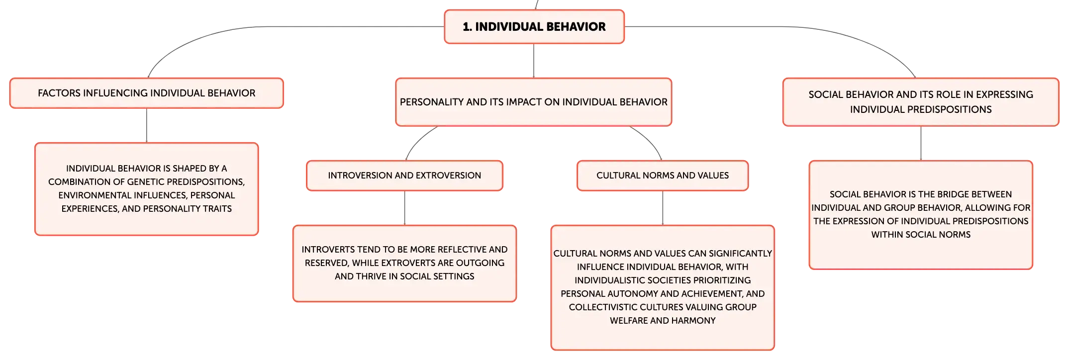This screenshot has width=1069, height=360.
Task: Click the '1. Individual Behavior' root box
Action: (x=534, y=27)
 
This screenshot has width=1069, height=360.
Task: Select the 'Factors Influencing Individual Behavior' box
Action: (x=147, y=93)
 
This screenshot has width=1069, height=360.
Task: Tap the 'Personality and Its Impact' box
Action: (x=534, y=102)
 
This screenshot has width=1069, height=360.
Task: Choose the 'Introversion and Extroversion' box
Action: (x=404, y=176)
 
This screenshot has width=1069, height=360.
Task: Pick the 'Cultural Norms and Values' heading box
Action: (x=663, y=176)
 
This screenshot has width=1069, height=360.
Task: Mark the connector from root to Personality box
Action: (x=534, y=61)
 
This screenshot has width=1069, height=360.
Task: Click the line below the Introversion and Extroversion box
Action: (x=404, y=208)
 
